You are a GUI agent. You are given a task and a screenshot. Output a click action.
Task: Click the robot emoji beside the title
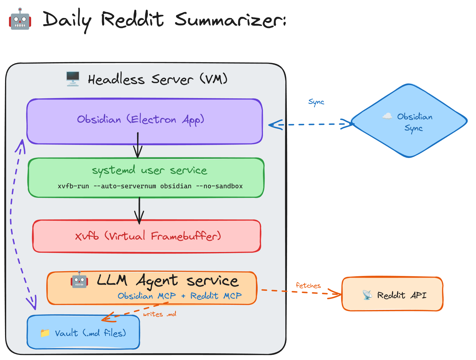point(20,19)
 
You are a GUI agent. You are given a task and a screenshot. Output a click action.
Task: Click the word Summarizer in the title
point(230,20)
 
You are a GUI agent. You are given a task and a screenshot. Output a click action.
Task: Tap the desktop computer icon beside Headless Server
point(73,78)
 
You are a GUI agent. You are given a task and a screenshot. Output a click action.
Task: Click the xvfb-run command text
point(150,186)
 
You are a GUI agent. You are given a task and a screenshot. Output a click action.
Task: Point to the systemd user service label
point(149,170)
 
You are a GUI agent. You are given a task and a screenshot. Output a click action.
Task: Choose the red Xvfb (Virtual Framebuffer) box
point(147,236)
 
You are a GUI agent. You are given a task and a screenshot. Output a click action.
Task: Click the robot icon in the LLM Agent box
point(79,280)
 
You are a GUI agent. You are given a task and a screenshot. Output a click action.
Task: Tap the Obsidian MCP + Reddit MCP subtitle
point(179,296)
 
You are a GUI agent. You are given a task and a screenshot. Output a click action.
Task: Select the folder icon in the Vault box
point(45,333)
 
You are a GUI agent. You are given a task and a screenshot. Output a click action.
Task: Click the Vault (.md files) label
point(90,333)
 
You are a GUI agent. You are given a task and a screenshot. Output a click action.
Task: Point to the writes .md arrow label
point(160,314)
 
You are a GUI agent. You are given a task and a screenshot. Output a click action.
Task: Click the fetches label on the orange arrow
point(308,285)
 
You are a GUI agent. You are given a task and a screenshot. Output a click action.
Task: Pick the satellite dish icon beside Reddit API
point(367,295)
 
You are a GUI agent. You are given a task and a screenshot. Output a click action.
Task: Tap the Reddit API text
point(401,295)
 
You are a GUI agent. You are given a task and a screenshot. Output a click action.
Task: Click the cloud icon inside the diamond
point(387,116)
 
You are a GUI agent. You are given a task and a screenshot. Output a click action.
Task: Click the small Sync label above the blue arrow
point(316,102)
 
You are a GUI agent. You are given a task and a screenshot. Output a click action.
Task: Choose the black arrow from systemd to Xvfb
point(139,210)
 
